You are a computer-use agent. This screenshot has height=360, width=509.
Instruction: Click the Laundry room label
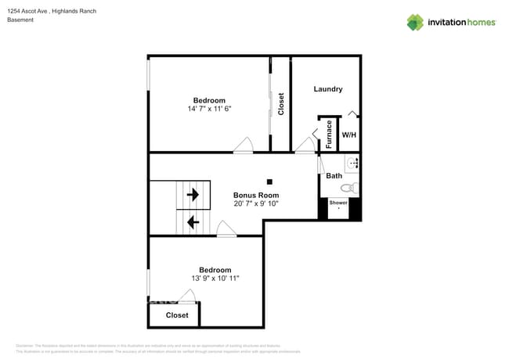coord(328,89)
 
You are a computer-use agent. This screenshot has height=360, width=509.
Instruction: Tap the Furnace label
coord(330,134)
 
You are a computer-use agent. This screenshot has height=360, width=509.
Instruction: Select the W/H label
coord(348,135)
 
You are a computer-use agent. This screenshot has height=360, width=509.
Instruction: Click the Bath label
coord(334,176)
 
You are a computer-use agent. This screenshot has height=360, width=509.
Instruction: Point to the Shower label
coord(338,203)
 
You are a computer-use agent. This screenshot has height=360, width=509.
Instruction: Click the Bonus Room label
coord(256,194)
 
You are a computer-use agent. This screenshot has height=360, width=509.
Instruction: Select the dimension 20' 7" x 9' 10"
coord(256,203)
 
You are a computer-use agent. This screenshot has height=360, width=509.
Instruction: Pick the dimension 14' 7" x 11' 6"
coord(209,110)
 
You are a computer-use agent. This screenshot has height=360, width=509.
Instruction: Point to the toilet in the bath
coord(353,188)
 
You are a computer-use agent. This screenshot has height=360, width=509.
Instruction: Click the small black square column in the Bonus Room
coord(269,182)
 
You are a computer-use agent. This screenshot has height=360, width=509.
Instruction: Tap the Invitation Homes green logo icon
coord(415,22)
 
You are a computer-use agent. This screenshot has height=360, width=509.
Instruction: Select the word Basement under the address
coord(20,20)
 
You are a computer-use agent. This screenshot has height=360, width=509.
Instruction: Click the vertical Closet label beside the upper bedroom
coord(281,104)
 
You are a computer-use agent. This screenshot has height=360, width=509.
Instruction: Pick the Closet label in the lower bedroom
coord(177,315)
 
